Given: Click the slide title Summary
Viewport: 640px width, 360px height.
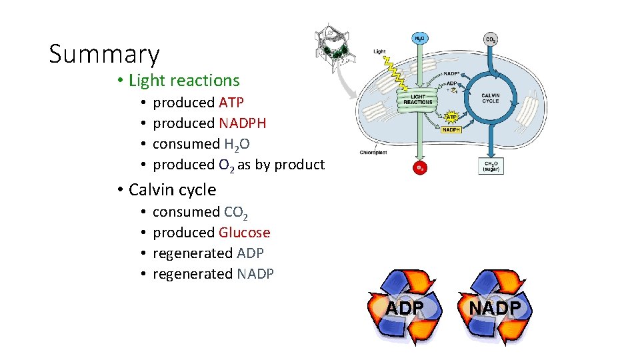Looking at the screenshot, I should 104,54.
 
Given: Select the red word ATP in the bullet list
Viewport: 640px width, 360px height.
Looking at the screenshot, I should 231,103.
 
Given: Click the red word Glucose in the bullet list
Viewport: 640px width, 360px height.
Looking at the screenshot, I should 244,233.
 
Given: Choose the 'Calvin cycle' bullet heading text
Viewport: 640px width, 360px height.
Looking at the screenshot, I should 172,190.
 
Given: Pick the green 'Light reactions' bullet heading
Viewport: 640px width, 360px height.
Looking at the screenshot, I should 184,81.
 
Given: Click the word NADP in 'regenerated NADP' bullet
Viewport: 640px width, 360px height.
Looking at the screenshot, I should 255,274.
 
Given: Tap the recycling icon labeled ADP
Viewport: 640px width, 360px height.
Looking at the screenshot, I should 405,307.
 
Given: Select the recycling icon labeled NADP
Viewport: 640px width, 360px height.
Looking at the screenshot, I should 495,307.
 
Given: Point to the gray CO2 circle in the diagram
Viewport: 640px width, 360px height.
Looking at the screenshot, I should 490,40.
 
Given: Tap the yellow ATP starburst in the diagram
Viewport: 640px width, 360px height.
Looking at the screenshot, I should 451,117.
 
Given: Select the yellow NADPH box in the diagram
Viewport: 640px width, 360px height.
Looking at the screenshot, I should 451,130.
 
